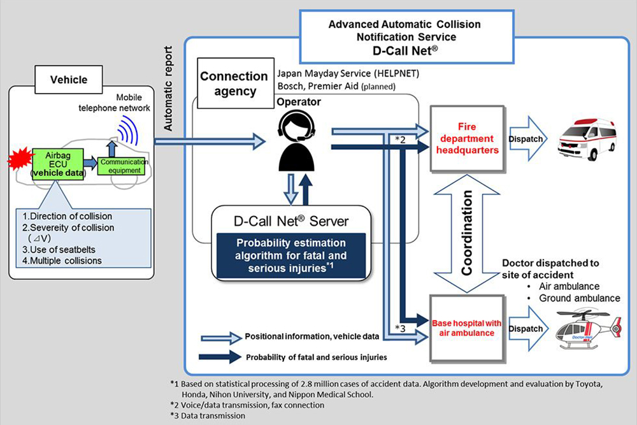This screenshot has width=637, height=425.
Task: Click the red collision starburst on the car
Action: point(20,159)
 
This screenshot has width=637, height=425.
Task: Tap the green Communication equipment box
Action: point(122,166)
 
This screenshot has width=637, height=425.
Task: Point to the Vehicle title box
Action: point(69,80)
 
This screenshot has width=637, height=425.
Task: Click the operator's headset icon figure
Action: point(296,141)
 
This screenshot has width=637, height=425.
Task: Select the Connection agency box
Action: point(235,83)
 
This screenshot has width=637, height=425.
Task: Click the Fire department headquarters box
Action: point(467,138)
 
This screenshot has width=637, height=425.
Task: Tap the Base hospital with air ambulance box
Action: point(466,328)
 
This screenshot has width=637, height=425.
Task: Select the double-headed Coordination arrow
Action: point(467,234)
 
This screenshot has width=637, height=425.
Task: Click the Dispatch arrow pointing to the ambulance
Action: point(527,139)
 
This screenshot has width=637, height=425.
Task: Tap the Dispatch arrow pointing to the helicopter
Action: point(527,328)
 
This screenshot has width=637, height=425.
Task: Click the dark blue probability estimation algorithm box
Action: point(291,256)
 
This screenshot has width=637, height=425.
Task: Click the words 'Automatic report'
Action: point(168,88)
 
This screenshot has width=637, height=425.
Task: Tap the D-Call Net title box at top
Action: point(406,37)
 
